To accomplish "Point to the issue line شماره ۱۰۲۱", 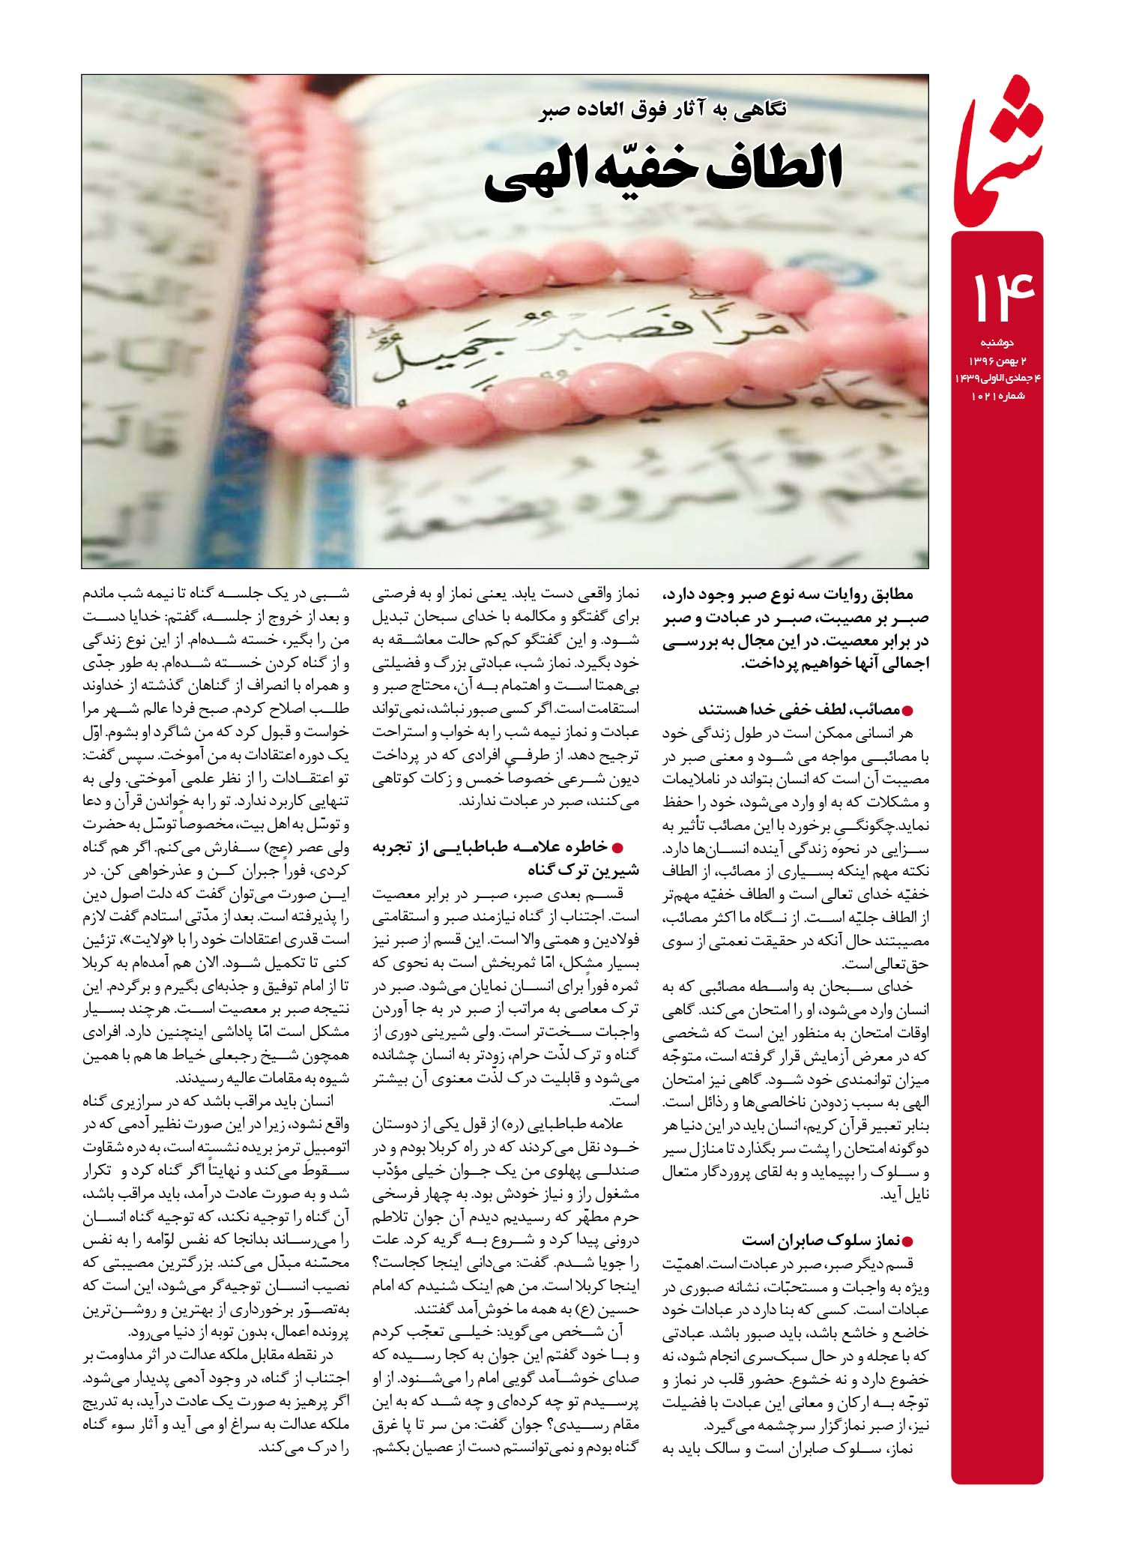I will [997, 397].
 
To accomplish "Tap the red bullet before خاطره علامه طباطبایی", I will [618, 847].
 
